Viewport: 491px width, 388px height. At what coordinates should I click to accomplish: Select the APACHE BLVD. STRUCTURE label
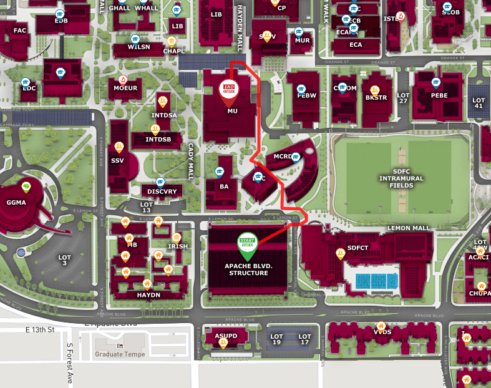[x=248, y=269]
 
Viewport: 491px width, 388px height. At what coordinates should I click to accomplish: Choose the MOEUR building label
[x=125, y=89]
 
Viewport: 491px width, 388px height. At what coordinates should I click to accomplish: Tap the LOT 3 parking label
[x=65, y=260]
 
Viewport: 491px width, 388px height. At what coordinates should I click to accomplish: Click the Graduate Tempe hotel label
[x=120, y=354]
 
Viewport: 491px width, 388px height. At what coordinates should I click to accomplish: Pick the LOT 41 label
[x=479, y=103]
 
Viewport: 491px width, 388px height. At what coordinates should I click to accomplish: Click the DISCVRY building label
[x=162, y=192]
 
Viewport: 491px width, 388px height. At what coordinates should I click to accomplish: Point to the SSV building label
[x=117, y=161]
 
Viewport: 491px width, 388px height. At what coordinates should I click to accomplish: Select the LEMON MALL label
[x=409, y=229]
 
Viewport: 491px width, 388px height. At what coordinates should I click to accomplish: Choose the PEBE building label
[x=439, y=95]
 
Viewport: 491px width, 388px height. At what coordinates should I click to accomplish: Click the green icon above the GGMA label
[x=26, y=185]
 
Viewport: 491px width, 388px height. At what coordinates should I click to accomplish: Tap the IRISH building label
[x=178, y=246]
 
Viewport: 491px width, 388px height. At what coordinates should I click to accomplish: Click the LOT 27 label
[x=403, y=98]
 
